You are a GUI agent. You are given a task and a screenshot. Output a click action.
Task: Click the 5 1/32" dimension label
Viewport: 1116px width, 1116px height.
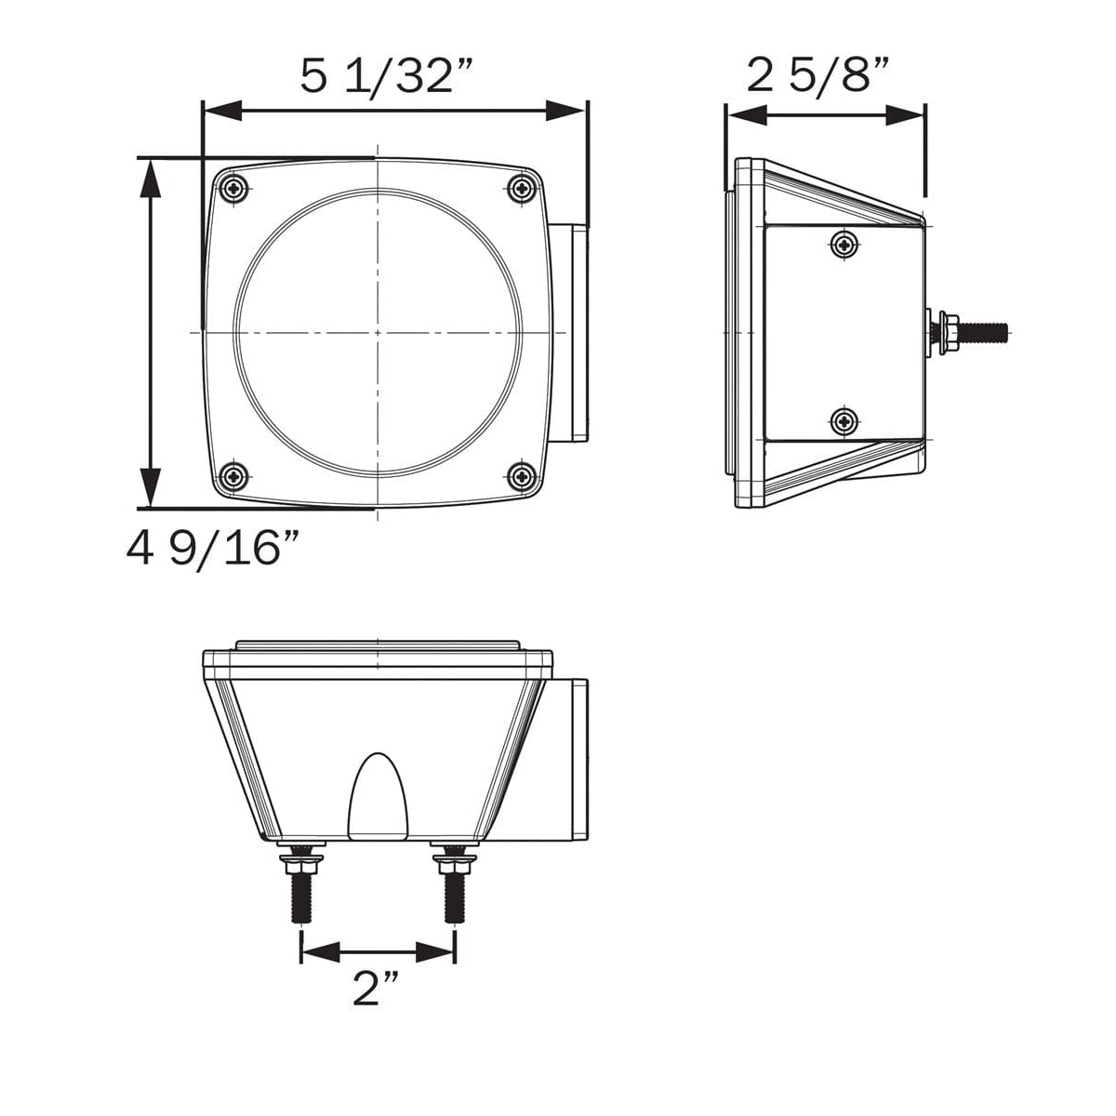[388, 75]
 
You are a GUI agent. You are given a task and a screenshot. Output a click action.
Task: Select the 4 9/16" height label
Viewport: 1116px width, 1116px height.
[215, 550]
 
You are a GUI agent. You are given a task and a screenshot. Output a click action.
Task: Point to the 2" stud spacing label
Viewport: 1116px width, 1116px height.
[376, 989]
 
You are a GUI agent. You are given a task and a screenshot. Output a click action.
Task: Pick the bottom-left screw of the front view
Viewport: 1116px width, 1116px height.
[233, 478]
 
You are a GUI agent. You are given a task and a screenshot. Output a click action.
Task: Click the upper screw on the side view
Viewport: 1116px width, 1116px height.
[844, 245]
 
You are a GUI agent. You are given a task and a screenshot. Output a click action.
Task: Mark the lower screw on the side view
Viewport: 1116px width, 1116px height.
[844, 421]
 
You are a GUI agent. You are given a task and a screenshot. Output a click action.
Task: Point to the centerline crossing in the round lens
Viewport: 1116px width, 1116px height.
[378, 331]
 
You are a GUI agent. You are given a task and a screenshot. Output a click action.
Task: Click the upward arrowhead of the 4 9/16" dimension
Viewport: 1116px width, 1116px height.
[150, 177]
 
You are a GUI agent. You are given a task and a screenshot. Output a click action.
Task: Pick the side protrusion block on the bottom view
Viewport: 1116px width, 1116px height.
[569, 758]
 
